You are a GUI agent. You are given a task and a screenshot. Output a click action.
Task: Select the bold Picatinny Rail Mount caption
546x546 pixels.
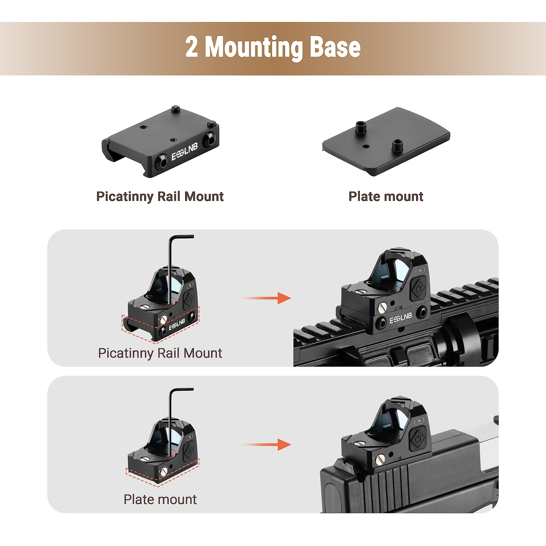click(x=160, y=196)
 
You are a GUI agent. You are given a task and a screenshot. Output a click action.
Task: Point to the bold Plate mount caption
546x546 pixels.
click(x=386, y=196)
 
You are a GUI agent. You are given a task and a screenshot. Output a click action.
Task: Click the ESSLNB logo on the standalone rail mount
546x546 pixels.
click(x=184, y=152)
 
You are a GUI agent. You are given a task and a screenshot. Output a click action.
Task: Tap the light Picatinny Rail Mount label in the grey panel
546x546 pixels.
click(x=160, y=353)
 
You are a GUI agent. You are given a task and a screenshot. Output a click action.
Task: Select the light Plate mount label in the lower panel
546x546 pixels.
click(x=160, y=499)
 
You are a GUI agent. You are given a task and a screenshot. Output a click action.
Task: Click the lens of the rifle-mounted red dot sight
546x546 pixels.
click(x=396, y=269)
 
